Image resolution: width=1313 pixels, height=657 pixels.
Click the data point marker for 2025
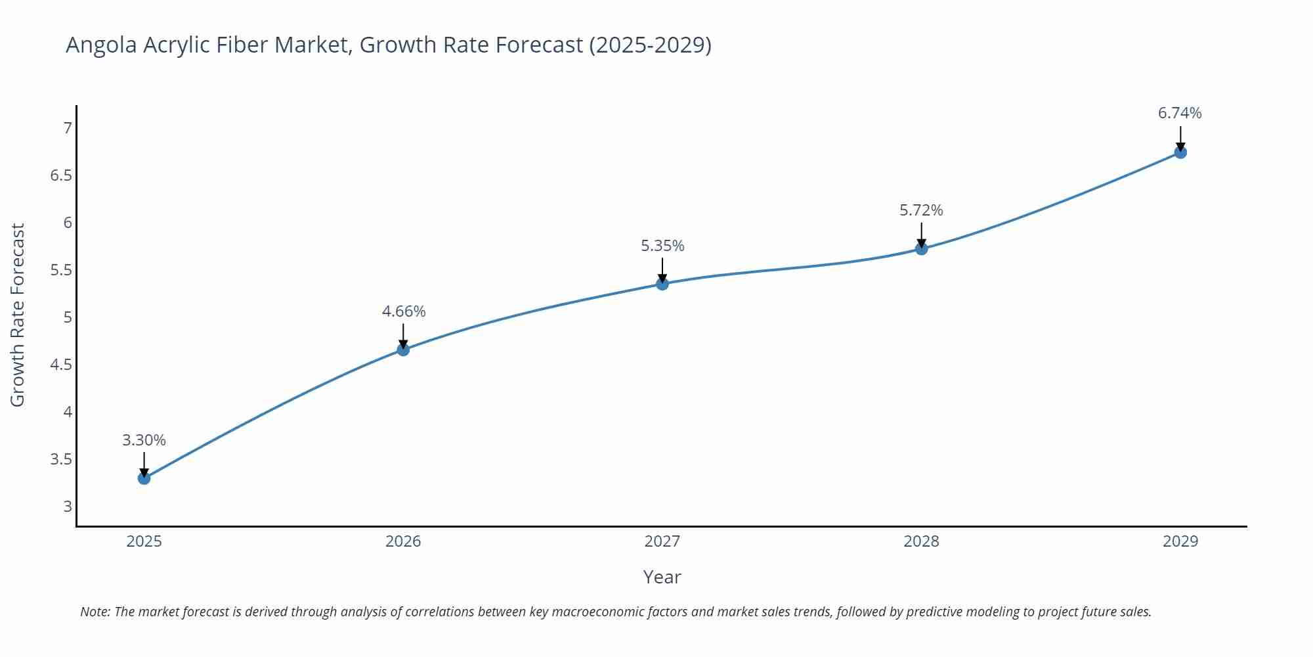144,478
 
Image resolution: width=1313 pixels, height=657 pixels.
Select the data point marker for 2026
403,350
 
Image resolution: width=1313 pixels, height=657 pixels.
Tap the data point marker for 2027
662,284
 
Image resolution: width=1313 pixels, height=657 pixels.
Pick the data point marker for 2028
921,249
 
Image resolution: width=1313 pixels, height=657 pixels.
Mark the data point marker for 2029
1180,152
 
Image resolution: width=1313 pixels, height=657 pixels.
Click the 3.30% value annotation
144,440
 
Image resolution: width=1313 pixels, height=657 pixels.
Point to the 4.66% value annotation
404,311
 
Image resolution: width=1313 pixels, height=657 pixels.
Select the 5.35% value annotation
662,246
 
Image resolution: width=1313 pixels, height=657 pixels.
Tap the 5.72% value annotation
921,210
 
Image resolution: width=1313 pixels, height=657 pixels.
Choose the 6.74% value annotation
1180,113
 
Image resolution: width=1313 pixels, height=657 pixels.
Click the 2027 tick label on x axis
662,541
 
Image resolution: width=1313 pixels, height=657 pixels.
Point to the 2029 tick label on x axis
1180,541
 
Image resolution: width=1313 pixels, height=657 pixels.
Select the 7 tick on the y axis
68,128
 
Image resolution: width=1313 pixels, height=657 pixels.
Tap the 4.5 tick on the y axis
61,365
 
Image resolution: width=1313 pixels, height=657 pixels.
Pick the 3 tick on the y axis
68,507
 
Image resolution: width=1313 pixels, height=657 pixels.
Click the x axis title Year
662,577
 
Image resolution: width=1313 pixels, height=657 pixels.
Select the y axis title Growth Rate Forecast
18,315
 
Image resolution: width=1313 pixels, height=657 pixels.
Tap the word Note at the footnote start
95,612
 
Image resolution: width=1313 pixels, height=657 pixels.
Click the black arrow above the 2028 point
921,234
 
